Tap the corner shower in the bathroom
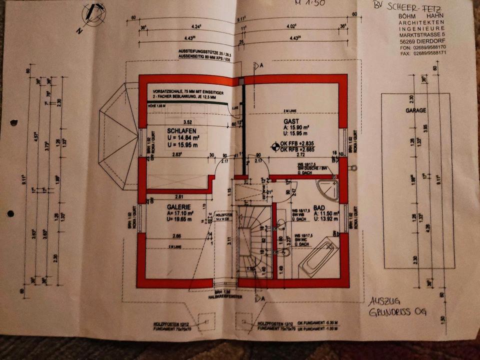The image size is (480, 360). [x=328, y=189]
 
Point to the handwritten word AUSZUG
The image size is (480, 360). [x=384, y=302]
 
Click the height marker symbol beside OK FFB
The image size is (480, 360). [x=274, y=147]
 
